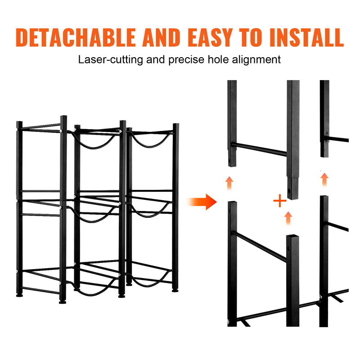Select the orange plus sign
280,201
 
